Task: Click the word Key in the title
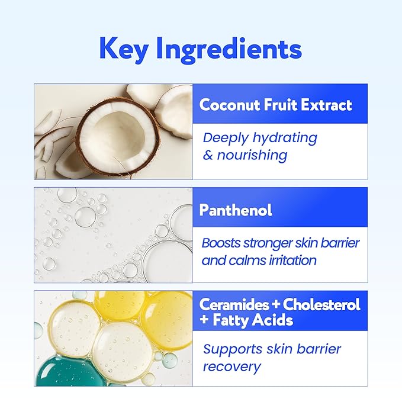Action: pyautogui.click(x=124, y=49)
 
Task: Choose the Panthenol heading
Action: pyautogui.click(x=236, y=210)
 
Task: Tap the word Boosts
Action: pyautogui.click(x=221, y=243)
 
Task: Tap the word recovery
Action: pyautogui.click(x=231, y=366)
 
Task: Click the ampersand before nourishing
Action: pyautogui.click(x=208, y=156)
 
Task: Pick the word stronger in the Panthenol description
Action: pyautogui.click(x=274, y=243)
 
